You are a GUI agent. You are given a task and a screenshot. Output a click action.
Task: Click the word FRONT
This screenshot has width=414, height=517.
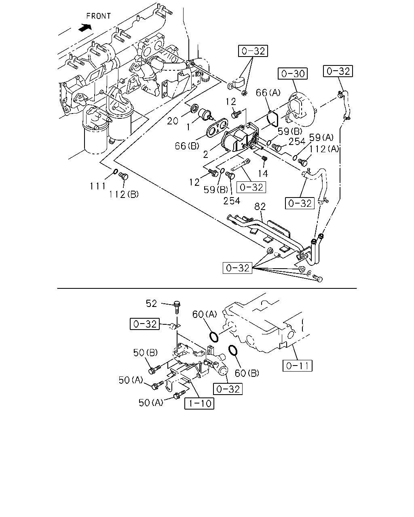pos(99,16)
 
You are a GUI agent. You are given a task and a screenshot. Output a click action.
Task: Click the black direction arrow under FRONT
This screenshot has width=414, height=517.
pos(85,27)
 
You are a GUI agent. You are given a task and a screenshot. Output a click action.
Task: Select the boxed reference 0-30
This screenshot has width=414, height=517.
pos(293,74)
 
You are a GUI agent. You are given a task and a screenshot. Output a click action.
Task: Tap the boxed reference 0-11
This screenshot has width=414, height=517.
pos(297,366)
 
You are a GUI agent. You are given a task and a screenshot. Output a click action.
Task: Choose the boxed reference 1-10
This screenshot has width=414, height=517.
pos(199,404)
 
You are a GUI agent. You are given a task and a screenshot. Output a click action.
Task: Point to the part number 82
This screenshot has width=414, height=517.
pos(260,207)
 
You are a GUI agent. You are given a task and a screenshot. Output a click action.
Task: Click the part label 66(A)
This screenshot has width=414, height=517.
pos(268,92)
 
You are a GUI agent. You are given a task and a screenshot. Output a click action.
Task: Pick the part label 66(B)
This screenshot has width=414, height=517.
pos(187,146)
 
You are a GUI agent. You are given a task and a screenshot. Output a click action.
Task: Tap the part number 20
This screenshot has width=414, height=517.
pos(173,121)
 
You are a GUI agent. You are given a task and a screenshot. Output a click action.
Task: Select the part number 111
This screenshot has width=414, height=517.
pos(98,186)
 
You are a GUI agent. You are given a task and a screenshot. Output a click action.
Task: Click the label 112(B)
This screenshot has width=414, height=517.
pos(124,194)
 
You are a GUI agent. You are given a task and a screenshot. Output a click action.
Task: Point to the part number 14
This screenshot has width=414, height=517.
pos(263,173)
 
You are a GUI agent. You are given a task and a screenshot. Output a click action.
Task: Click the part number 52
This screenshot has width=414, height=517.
pos(151,304)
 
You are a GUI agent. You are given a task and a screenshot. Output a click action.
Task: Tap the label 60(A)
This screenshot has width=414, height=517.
pos(205,314)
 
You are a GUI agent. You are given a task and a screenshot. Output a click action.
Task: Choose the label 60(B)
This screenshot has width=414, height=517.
pos(247,373)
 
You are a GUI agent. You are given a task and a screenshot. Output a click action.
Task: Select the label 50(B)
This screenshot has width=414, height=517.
pos(146,353)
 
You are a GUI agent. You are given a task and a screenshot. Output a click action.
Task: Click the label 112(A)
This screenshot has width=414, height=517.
pos(324,149)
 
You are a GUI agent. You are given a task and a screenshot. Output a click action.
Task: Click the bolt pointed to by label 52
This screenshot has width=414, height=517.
pos(177,307)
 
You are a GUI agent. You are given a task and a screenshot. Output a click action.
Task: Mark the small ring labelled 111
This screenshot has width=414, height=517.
pos(116,172)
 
